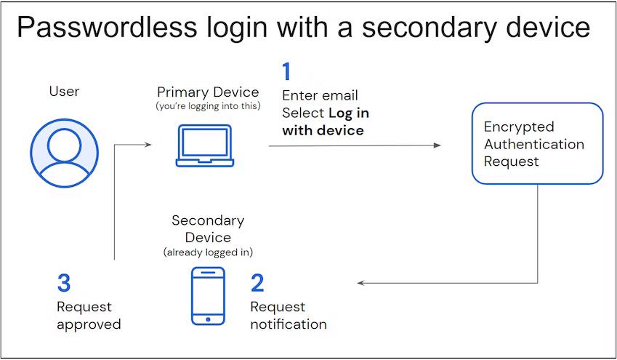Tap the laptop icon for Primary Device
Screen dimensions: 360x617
tap(204, 145)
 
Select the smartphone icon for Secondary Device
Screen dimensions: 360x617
tap(207, 295)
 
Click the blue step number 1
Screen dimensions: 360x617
tap(286, 72)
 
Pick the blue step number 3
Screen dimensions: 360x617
tap(64, 283)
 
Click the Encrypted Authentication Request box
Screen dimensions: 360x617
tap(537, 143)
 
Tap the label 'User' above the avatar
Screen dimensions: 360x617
tap(64, 91)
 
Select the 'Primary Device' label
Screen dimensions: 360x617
tap(208, 92)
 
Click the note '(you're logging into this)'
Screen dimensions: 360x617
tap(208, 106)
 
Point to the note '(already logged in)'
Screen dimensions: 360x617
tap(208, 252)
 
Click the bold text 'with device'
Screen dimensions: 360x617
tap(323, 130)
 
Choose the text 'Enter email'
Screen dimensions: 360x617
tap(320, 95)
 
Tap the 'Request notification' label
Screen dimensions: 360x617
tap(289, 315)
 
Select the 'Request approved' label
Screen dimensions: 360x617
tap(89, 315)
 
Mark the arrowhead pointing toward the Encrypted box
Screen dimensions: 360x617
tap(437, 145)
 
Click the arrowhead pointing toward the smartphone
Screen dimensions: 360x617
tap(361, 283)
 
